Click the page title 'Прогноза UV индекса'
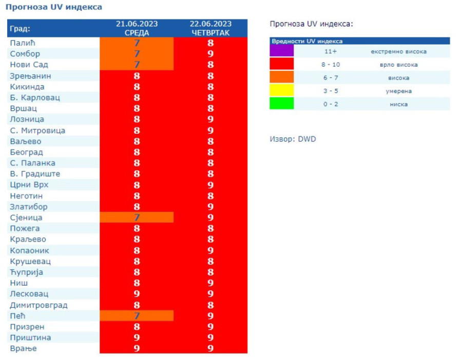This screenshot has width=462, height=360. [x=53, y=7]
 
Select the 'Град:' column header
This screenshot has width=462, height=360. [x=21, y=28]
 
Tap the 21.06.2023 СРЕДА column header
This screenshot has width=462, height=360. [x=137, y=28]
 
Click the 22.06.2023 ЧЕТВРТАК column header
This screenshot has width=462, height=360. [x=210, y=28]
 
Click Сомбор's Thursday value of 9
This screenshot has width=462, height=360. [x=210, y=54]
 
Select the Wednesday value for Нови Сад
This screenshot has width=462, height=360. [x=137, y=65]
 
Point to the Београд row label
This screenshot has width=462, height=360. [x=27, y=152]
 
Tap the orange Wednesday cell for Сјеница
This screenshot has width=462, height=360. [x=137, y=217]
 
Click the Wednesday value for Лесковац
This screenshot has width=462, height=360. [x=137, y=294]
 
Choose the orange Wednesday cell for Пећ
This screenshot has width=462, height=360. [x=137, y=315]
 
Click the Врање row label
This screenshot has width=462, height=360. [x=24, y=349]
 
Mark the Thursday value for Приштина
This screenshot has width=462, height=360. [x=210, y=338]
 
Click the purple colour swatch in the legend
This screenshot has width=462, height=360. [x=282, y=51]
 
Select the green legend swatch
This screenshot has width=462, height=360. [x=282, y=104]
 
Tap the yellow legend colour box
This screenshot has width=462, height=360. [x=282, y=90]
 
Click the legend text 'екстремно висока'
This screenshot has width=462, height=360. [x=398, y=51]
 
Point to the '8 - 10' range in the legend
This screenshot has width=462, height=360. [x=330, y=65]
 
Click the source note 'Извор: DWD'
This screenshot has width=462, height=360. [x=293, y=139]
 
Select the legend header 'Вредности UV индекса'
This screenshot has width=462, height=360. [x=307, y=41]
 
